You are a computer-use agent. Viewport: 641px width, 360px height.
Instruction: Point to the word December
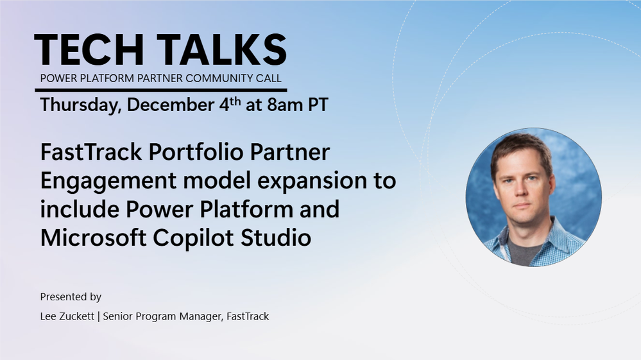171,105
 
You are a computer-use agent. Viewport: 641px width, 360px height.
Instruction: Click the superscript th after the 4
235,101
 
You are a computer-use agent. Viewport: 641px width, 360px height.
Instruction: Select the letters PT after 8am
318,105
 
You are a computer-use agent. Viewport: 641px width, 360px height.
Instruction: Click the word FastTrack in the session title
91,152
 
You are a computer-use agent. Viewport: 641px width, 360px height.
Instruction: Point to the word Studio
275,237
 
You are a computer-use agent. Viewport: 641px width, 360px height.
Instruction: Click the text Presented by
71,296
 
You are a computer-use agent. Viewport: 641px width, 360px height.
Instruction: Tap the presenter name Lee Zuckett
67,316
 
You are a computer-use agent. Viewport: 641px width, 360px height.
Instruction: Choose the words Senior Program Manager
163,317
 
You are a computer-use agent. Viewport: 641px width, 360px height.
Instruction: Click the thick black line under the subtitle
161,90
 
